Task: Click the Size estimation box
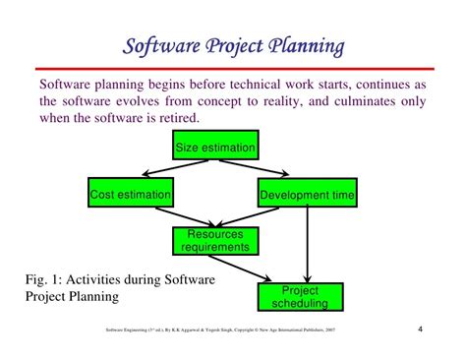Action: [214, 150]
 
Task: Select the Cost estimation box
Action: [130, 194]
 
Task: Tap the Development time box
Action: [307, 194]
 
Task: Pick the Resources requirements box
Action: [214, 241]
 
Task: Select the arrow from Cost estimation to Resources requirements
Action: [162, 216]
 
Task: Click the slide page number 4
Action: [420, 328]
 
